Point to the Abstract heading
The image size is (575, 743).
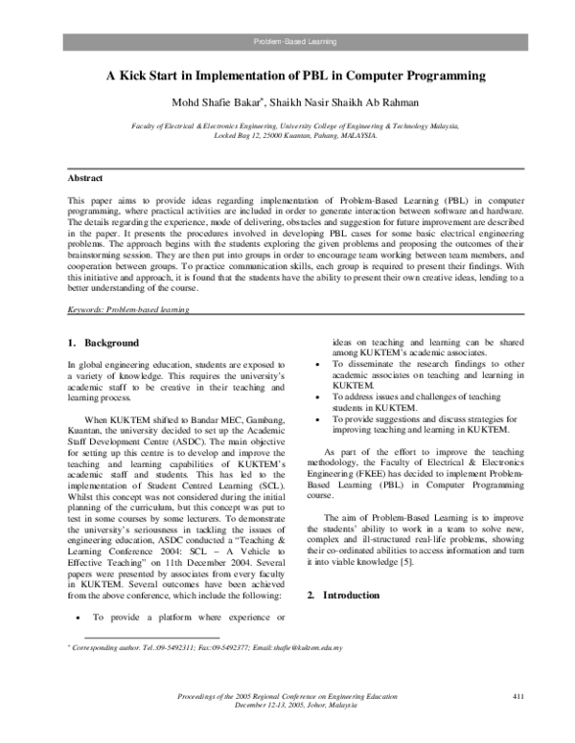85,178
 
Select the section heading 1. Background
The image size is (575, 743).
104,343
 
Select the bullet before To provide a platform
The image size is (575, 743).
76,618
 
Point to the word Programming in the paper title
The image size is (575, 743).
425,75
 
